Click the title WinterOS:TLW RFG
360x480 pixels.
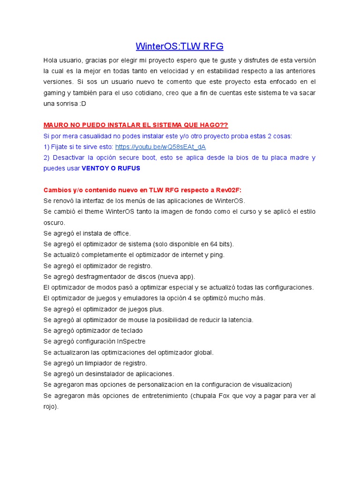coord(180,46)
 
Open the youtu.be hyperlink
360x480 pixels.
coord(160,147)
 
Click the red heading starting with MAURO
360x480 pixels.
coord(135,125)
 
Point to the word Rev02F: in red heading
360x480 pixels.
coord(228,190)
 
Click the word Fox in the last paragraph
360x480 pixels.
coord(225,396)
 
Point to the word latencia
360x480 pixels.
coord(240,320)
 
